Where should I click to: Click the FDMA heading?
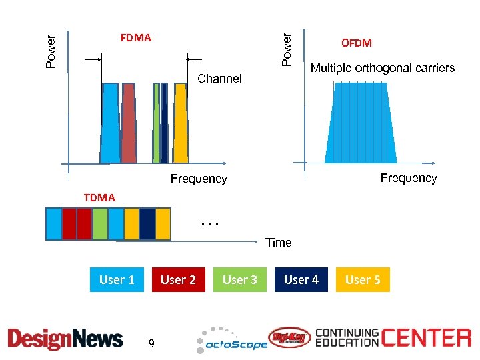click(135, 38)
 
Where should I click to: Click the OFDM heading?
click(357, 43)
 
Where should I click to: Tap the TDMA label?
click(99, 197)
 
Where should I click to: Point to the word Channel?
click(220, 79)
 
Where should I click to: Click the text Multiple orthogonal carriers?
click(383, 68)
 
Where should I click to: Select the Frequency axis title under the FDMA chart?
click(199, 179)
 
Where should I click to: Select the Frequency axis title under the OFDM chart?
click(408, 178)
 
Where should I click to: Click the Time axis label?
click(279, 242)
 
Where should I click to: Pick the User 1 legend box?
click(117, 280)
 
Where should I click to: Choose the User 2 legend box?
click(178, 280)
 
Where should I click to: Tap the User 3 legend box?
click(240, 280)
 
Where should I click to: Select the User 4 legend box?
click(301, 280)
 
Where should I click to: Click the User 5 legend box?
click(363, 280)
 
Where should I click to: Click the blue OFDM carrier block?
click(360, 123)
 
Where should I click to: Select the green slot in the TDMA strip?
click(100, 223)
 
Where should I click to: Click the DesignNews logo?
click(65, 339)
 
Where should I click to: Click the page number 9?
click(151, 344)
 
